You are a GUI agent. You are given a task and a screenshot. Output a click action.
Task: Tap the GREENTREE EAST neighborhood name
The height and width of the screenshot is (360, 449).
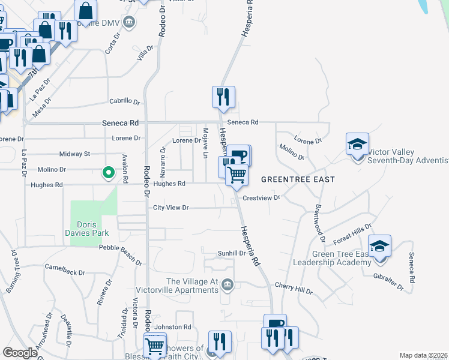pyautogui.click(x=298, y=179)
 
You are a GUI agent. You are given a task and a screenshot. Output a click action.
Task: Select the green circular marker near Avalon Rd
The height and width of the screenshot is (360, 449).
pyautogui.click(x=109, y=173)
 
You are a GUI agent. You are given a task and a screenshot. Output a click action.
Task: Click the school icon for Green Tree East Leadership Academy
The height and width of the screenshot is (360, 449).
pyautogui.click(x=379, y=247)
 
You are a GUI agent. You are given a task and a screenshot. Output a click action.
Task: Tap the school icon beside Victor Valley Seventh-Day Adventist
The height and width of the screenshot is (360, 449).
pyautogui.click(x=357, y=145)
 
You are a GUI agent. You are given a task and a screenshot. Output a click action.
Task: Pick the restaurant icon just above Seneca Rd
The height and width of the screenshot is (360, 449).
pyautogui.click(x=223, y=97)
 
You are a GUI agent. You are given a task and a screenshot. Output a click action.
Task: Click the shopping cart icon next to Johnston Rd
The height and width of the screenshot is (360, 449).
pyautogui.click(x=155, y=346)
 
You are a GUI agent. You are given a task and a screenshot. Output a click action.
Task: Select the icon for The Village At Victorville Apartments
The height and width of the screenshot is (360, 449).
pyautogui.click(x=227, y=284)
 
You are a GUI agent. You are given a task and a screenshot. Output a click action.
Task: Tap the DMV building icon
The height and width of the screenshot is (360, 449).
pyautogui.click(x=129, y=23)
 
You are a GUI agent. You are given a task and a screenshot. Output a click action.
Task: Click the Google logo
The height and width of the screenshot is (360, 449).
pyautogui.click(x=20, y=353)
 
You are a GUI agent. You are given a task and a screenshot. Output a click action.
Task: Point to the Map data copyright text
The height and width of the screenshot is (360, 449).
pyautogui.click(x=423, y=355)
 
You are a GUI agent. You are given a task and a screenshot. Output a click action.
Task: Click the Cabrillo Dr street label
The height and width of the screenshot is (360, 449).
pyautogui.click(x=124, y=101)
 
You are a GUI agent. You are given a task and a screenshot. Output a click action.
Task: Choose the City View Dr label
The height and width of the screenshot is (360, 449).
pyautogui.click(x=171, y=208)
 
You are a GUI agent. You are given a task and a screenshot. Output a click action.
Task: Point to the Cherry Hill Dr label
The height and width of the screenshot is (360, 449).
pyautogui.click(x=294, y=288)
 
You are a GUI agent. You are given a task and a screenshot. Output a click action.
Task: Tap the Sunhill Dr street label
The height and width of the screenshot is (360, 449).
pyautogui.click(x=232, y=253)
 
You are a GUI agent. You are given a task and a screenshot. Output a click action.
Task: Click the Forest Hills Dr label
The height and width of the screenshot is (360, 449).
pyautogui.click(x=354, y=231)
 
